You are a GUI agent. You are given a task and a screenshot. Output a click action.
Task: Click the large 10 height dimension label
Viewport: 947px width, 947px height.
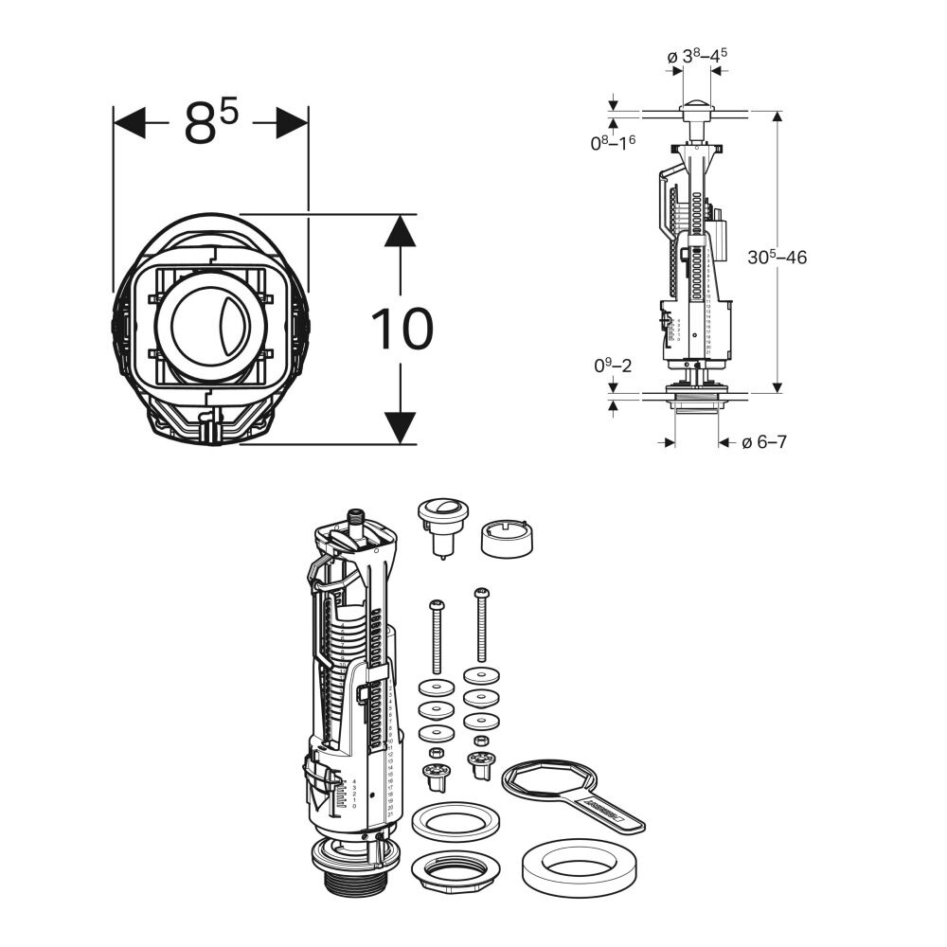[x=402, y=329]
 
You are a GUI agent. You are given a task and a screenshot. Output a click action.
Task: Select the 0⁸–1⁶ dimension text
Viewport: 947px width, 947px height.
[x=613, y=142]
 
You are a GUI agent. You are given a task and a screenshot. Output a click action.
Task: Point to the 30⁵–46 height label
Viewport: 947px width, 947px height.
[x=777, y=257]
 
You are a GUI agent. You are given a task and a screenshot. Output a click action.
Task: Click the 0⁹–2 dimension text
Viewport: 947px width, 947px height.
[x=610, y=364]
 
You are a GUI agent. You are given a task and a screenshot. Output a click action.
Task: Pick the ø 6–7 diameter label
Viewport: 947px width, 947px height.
[x=763, y=442]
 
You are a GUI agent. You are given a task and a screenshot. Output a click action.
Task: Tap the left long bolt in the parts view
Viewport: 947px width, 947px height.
[x=437, y=634]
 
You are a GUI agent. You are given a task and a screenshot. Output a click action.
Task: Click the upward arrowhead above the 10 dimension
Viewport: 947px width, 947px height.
[x=402, y=230]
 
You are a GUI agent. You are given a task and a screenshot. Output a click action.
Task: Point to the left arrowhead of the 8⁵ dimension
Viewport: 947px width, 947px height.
[x=129, y=122]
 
